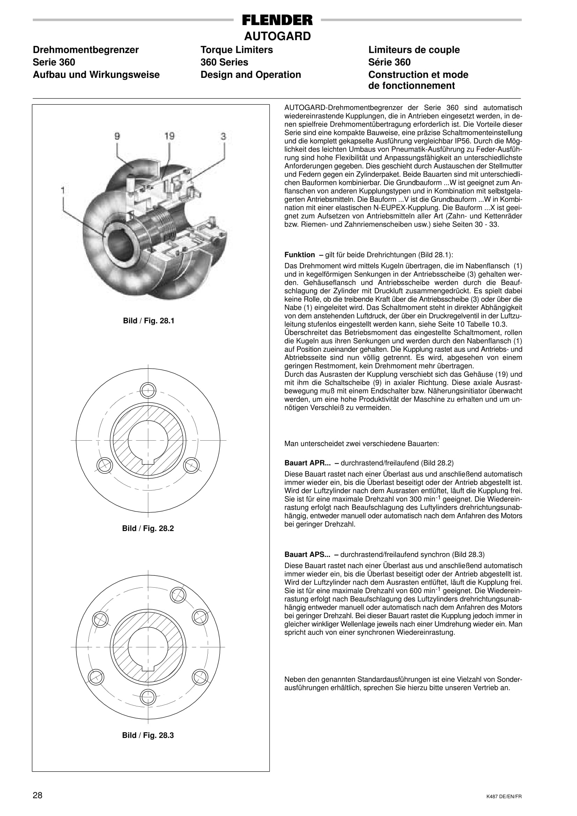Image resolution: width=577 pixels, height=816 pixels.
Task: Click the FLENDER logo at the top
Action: coord(277,20)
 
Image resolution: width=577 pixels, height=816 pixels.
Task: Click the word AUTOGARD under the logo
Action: coord(277,36)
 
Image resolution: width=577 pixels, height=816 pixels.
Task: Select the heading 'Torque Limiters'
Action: coord(237,50)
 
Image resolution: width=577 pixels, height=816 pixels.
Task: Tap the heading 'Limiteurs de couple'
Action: coord(414,50)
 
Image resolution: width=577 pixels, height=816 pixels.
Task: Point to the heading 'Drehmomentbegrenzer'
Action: coord(86,50)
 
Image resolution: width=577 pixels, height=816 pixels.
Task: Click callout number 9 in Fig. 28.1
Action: coord(117,136)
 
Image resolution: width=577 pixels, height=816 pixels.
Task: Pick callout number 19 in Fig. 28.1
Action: coord(170,136)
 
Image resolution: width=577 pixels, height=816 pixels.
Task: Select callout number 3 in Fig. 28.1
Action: coord(223,136)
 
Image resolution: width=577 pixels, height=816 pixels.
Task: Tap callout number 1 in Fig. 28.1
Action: coord(63,191)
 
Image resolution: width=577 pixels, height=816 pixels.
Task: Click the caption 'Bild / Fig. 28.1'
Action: coord(148,321)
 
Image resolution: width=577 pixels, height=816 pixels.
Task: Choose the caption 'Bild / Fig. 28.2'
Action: coord(148,529)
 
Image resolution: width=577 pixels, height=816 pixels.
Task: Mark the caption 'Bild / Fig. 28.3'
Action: coord(148,735)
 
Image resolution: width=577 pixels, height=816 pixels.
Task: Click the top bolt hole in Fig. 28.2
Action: coord(148,390)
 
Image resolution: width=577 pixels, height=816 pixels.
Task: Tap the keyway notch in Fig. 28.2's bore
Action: coord(148,461)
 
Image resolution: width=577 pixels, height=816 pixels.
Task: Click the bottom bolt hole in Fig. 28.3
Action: coord(148,697)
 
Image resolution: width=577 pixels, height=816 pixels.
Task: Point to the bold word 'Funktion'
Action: coord(299,255)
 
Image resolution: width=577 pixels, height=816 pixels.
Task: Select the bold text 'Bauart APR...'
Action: coord(307,463)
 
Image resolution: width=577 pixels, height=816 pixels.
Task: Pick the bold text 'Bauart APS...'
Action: coord(307,554)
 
